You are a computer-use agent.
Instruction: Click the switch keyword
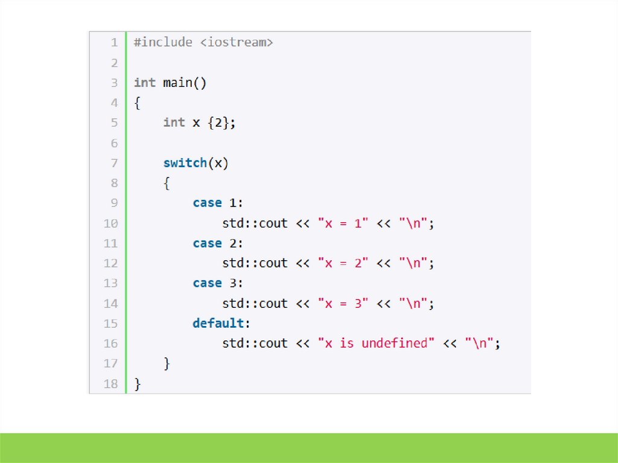[x=185, y=163]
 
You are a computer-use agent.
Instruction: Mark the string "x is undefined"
[x=376, y=343]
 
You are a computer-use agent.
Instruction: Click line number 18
[x=110, y=384]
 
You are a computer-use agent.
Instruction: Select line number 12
[x=110, y=263]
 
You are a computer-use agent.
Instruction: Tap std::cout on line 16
[x=255, y=343]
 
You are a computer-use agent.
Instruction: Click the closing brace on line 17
[x=167, y=363]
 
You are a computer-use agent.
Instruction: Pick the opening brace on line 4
[x=138, y=103]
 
